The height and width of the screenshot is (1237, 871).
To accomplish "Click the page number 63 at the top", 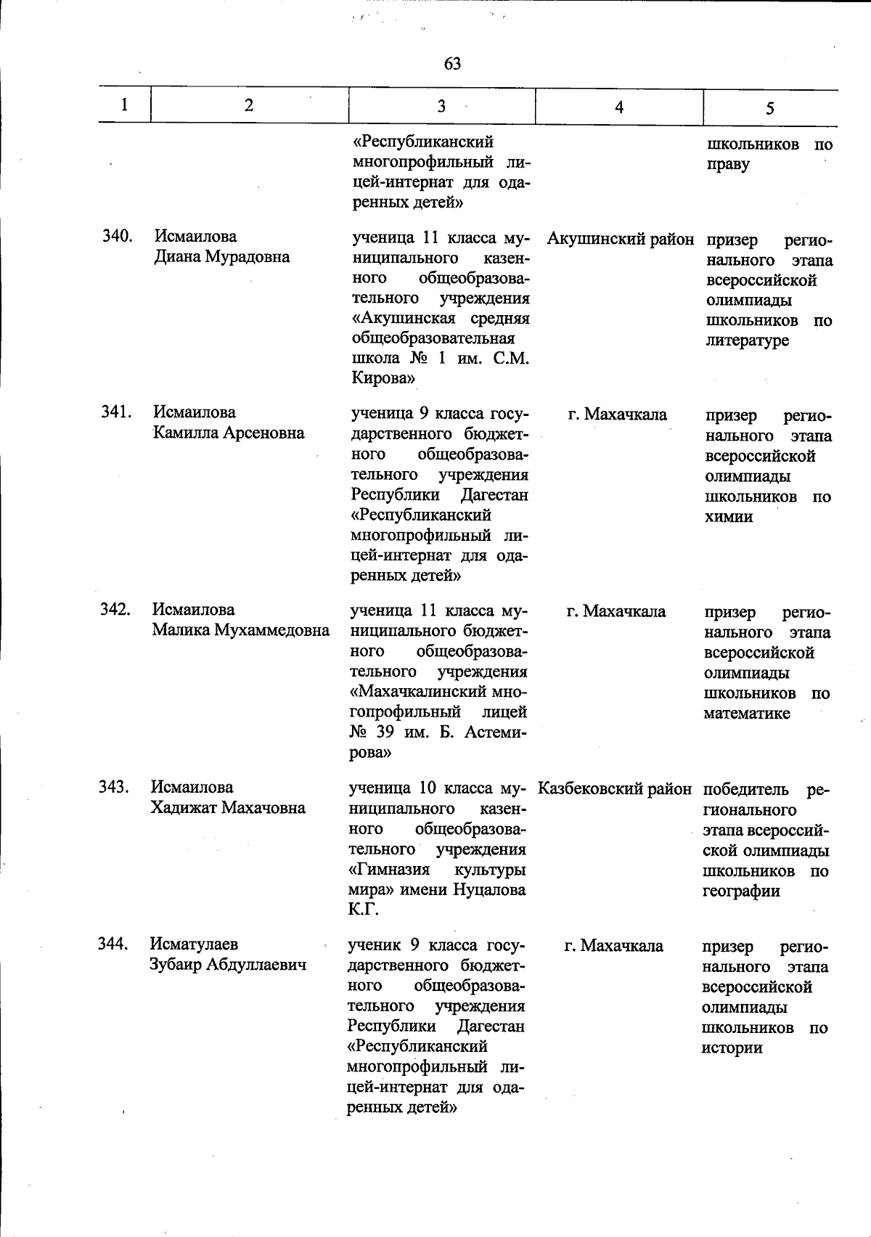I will click(452, 64).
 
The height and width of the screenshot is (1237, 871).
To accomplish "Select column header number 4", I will click(618, 107).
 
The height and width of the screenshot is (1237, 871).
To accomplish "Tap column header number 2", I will click(249, 105).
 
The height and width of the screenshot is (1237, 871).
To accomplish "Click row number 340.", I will click(117, 236).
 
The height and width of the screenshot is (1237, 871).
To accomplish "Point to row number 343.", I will click(115, 787).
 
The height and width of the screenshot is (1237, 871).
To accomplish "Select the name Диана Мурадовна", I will click(221, 256).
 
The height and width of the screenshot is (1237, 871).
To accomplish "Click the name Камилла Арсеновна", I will click(228, 433).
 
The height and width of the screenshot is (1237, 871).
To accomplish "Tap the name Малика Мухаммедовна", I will click(240, 629).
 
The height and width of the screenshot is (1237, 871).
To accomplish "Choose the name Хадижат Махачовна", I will click(228, 807).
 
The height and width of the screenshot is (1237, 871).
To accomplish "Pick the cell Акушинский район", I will click(620, 239).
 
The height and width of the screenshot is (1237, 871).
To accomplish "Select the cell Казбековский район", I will click(615, 788).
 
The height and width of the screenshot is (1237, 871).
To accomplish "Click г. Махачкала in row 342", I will click(616, 611).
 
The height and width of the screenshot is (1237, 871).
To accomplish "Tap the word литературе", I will click(747, 340).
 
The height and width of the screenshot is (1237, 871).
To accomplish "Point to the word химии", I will click(729, 517).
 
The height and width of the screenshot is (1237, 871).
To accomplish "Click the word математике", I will click(747, 713).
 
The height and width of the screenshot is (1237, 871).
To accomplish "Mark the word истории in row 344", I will click(732, 1048).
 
